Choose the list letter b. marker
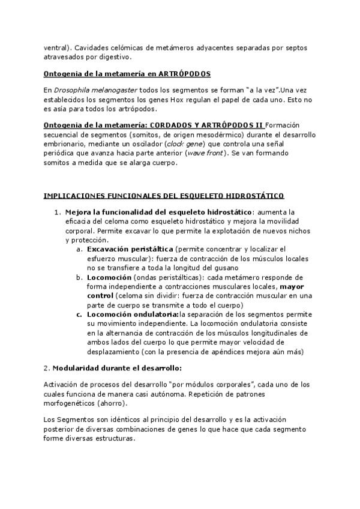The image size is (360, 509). point(79,277)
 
